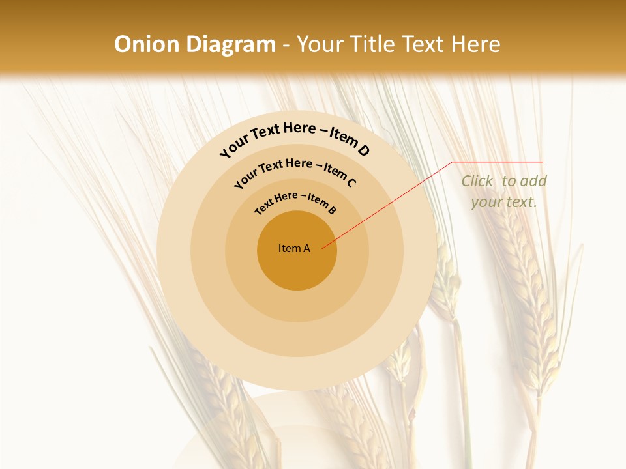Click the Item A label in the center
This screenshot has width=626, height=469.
click(294, 248)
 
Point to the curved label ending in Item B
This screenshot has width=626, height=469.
click(295, 201)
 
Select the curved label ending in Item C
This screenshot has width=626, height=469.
click(295, 171)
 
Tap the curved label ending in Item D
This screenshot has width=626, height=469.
click(295, 139)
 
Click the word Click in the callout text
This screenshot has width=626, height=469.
click(478, 181)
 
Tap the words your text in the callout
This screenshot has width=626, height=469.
click(504, 202)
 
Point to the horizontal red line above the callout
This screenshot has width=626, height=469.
click(499, 162)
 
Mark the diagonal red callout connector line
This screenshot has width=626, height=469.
click(391, 203)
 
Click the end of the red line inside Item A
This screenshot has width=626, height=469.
click(322, 248)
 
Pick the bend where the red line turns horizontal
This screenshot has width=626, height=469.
click(453, 162)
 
